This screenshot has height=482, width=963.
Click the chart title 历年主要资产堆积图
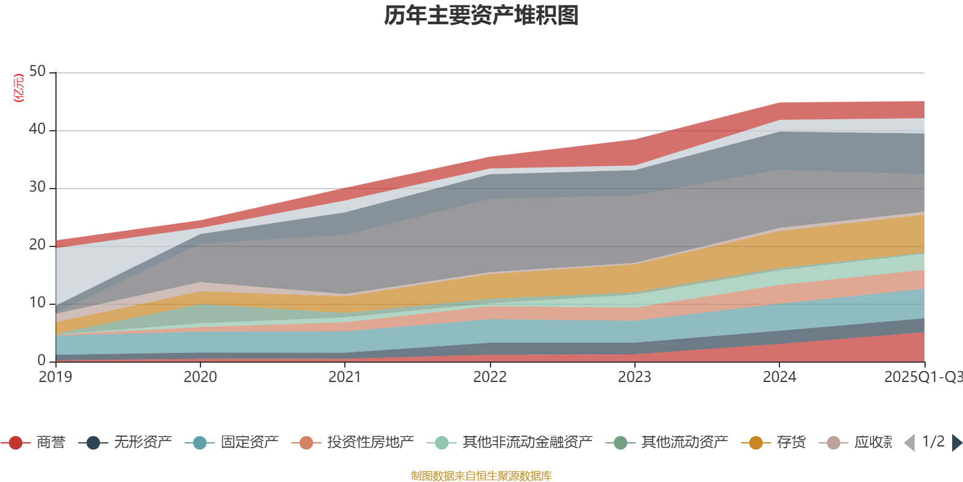click(x=482, y=16)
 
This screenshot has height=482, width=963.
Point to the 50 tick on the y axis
click(x=37, y=72)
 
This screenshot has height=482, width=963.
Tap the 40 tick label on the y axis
click(x=37, y=129)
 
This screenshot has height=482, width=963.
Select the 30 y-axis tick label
click(x=37, y=187)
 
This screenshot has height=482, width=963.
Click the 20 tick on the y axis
click(x=37, y=245)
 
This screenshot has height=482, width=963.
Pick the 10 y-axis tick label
click(x=37, y=302)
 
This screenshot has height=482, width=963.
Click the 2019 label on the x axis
click(x=55, y=377)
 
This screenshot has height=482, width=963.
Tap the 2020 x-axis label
click(x=200, y=377)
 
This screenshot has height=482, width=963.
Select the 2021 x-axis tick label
click(x=345, y=377)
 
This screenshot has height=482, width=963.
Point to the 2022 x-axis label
click(x=490, y=377)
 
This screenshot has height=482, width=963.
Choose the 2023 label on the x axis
click(x=634, y=377)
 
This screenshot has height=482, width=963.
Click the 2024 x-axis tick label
click(x=779, y=377)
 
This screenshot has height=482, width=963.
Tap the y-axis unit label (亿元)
click(x=19, y=88)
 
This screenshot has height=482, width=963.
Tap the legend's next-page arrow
click(x=956, y=443)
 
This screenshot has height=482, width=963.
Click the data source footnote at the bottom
click(x=482, y=476)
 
